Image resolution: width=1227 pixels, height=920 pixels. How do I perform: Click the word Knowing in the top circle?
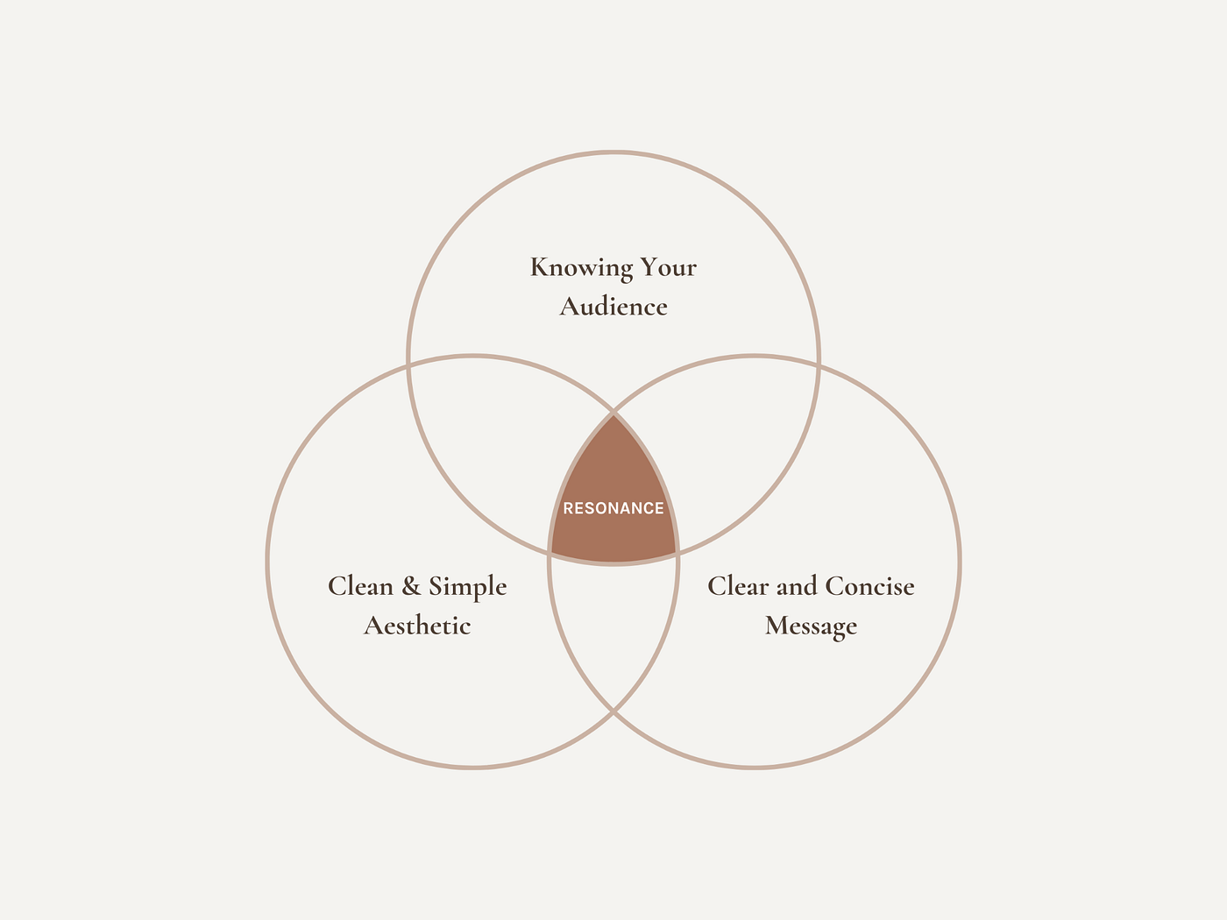581,268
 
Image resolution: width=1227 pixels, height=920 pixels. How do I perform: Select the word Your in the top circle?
669,267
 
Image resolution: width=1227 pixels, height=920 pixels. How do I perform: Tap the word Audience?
613,307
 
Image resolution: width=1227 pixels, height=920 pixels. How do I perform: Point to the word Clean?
360,586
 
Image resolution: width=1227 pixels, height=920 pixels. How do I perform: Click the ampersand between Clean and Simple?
411,587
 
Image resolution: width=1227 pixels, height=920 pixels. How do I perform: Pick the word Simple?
467,587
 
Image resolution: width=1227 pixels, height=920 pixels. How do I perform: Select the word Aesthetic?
417,626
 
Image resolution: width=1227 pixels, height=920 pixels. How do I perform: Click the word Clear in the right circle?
738,586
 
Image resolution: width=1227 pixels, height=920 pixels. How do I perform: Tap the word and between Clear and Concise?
797,586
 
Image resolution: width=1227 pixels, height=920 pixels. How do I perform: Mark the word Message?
811,626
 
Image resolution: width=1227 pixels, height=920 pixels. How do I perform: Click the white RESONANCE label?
613,508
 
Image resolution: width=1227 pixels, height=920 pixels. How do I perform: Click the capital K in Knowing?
540,267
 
